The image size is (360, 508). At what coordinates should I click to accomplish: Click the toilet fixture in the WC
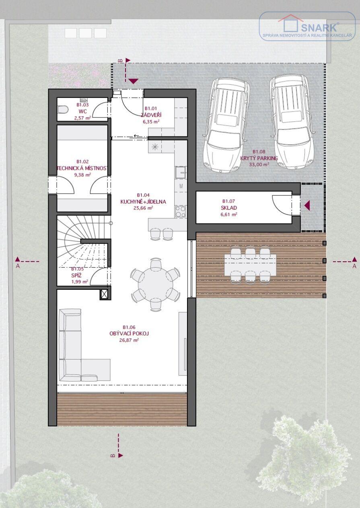pyautogui.click(x=63, y=110)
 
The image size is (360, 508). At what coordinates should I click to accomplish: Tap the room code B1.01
pyautogui.click(x=151, y=109)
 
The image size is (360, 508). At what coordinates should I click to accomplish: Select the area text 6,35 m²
pyautogui.click(x=151, y=122)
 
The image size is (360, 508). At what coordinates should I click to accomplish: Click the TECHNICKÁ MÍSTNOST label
pyautogui.click(x=82, y=168)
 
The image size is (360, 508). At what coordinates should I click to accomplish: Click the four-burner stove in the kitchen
pyautogui.click(x=181, y=211)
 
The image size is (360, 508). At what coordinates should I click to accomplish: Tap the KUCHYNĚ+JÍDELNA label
pyautogui.click(x=143, y=201)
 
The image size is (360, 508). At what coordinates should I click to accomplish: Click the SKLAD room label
pyautogui.click(x=229, y=208)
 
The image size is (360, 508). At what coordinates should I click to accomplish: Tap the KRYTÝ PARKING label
pyautogui.click(x=259, y=158)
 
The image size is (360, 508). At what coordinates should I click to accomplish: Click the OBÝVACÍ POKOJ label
pyautogui.click(x=129, y=333)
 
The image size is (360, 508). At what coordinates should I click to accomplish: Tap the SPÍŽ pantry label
pyautogui.click(x=76, y=276)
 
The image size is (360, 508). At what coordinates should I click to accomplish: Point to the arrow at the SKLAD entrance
pyautogui.click(x=307, y=206)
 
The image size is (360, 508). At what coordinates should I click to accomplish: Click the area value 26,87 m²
pyautogui.click(x=129, y=340)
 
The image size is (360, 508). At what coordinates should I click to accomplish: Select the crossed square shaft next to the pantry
pyautogui.click(x=104, y=295)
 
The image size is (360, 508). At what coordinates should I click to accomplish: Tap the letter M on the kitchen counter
pyautogui.click(x=181, y=186)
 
